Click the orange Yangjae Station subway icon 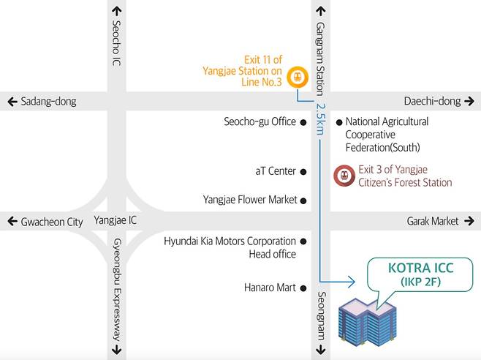[297, 76]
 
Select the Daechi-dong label [431, 102]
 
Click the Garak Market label [433, 221]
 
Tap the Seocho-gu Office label [260, 122]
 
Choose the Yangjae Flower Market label [250, 199]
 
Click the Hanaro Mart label [270, 288]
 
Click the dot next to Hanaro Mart [303, 288]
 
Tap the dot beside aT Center [303, 172]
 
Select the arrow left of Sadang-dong [12, 102]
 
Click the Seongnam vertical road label [320, 315]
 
